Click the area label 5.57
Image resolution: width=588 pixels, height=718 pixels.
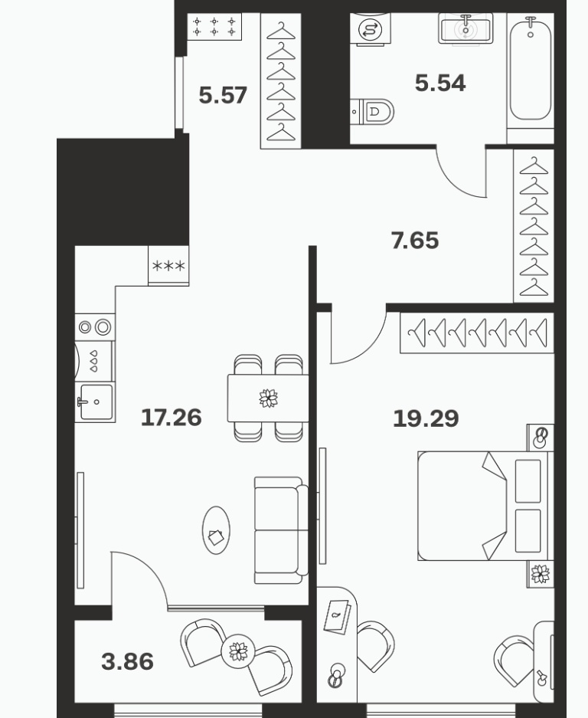click(223, 95)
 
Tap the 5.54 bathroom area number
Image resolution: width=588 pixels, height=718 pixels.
click(440, 83)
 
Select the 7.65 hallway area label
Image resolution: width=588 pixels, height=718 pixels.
click(414, 241)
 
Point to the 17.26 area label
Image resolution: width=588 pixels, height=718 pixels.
click(171, 418)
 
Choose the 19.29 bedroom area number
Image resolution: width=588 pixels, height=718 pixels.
click(426, 418)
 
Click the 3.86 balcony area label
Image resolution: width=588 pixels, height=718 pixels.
click(127, 661)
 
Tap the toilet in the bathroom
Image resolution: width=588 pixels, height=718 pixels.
click(372, 111)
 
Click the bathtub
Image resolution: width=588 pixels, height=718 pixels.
click(531, 69)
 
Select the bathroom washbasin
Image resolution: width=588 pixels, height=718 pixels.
click(465, 28)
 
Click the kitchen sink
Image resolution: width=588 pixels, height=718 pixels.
click(96, 402)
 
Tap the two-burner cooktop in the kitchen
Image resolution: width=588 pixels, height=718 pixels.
click(95, 327)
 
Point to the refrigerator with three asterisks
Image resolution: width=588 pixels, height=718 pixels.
click(168, 266)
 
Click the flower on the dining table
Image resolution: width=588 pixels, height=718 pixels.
click(268, 398)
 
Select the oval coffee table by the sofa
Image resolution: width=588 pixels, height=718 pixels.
click(216, 530)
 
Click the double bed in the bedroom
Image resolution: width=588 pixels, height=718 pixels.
click(485, 506)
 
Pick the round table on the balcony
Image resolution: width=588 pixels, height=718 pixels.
click(237, 651)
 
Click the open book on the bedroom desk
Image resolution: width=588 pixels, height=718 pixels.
click(337, 616)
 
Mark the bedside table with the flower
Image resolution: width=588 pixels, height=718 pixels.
click(540, 574)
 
